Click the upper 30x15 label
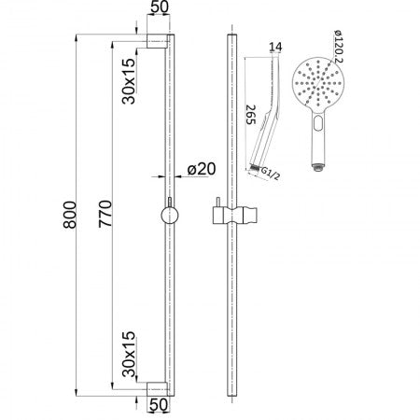click(x=128, y=82)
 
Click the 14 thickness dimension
click(x=273, y=47)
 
